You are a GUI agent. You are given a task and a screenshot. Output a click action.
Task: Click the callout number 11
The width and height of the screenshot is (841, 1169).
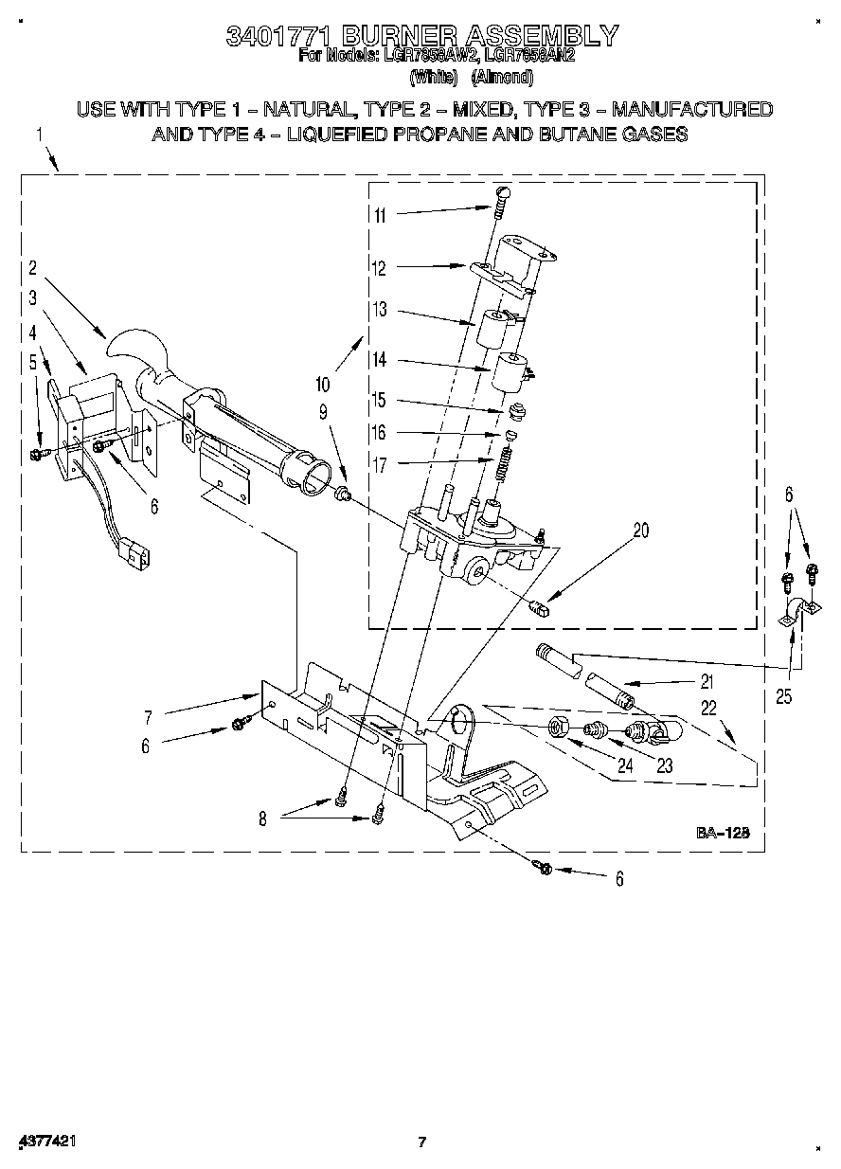pyautogui.click(x=380, y=215)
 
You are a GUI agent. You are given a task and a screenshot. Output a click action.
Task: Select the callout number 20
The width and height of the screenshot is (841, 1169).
pyautogui.click(x=641, y=531)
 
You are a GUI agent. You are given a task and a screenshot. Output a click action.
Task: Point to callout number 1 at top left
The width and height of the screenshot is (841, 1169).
pyautogui.click(x=40, y=135)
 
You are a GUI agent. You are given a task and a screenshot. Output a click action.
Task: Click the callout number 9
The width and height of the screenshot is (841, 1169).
pyautogui.click(x=323, y=412)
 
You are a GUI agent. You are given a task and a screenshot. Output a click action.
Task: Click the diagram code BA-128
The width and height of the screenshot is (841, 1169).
pyautogui.click(x=724, y=833)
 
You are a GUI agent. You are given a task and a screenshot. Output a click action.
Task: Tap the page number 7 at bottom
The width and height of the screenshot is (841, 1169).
pyautogui.click(x=422, y=1142)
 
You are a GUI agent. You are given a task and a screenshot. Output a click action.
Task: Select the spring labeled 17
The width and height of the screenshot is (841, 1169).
pyautogui.click(x=505, y=463)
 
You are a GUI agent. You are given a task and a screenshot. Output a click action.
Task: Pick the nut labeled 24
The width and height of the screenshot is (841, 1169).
pyautogui.click(x=559, y=728)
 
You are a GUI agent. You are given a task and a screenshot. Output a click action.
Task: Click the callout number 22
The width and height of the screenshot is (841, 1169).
pyautogui.click(x=709, y=707)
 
